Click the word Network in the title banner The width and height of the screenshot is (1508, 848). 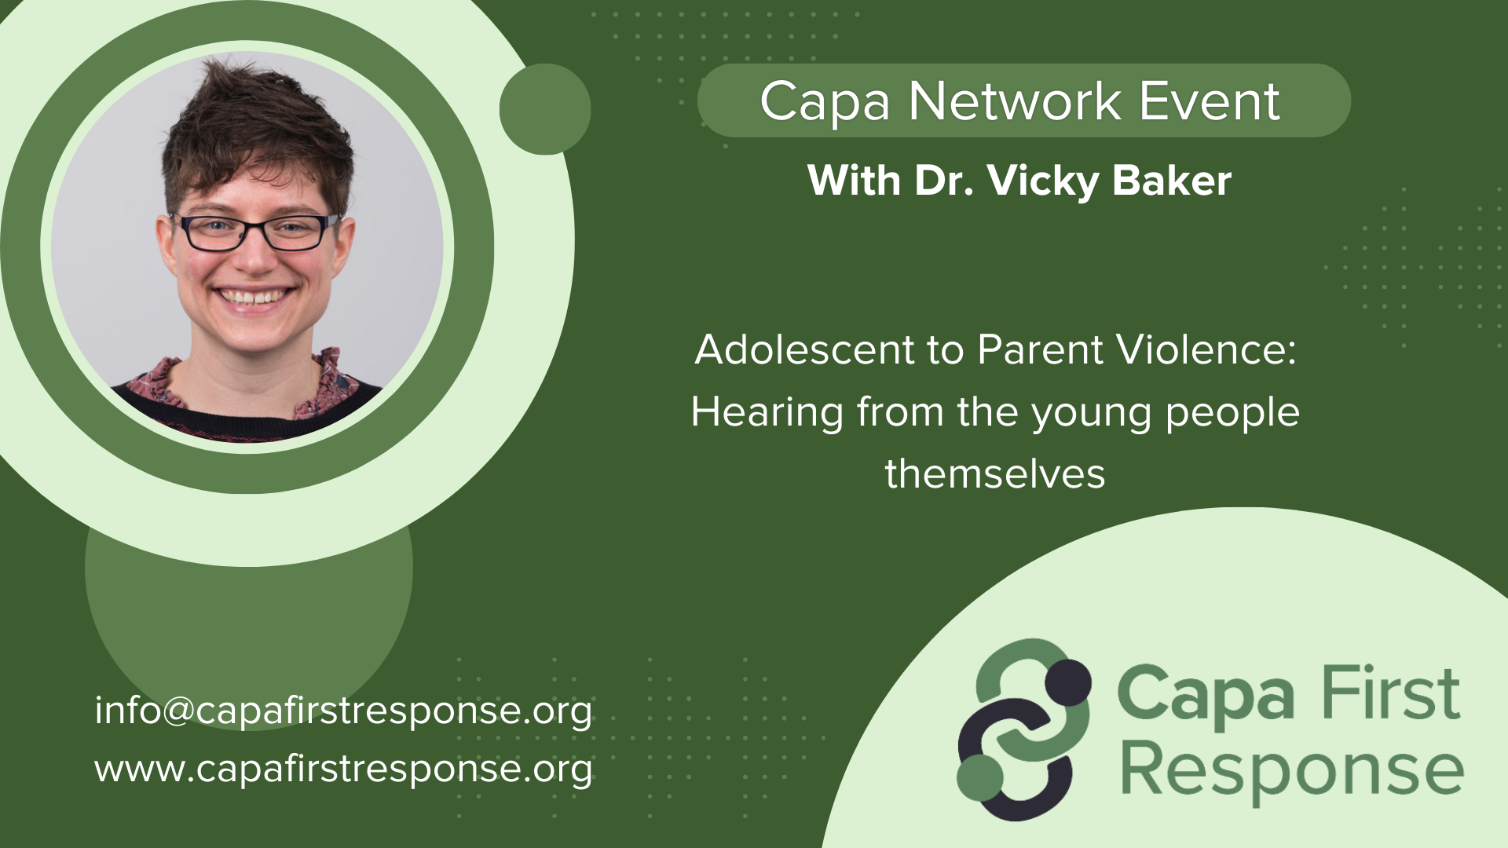click(x=1014, y=101)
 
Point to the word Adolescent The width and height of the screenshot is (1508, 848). click(x=804, y=349)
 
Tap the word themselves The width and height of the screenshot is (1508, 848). click(x=995, y=474)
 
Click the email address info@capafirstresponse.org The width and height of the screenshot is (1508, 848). click(x=343, y=711)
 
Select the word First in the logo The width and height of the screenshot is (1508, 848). click(x=1390, y=693)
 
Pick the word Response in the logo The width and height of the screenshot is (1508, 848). click(x=1292, y=771)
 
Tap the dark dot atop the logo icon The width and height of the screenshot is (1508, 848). click(x=1067, y=682)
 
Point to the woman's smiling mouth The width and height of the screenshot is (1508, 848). click(x=253, y=298)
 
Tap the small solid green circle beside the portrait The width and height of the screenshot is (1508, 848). click(x=544, y=109)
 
